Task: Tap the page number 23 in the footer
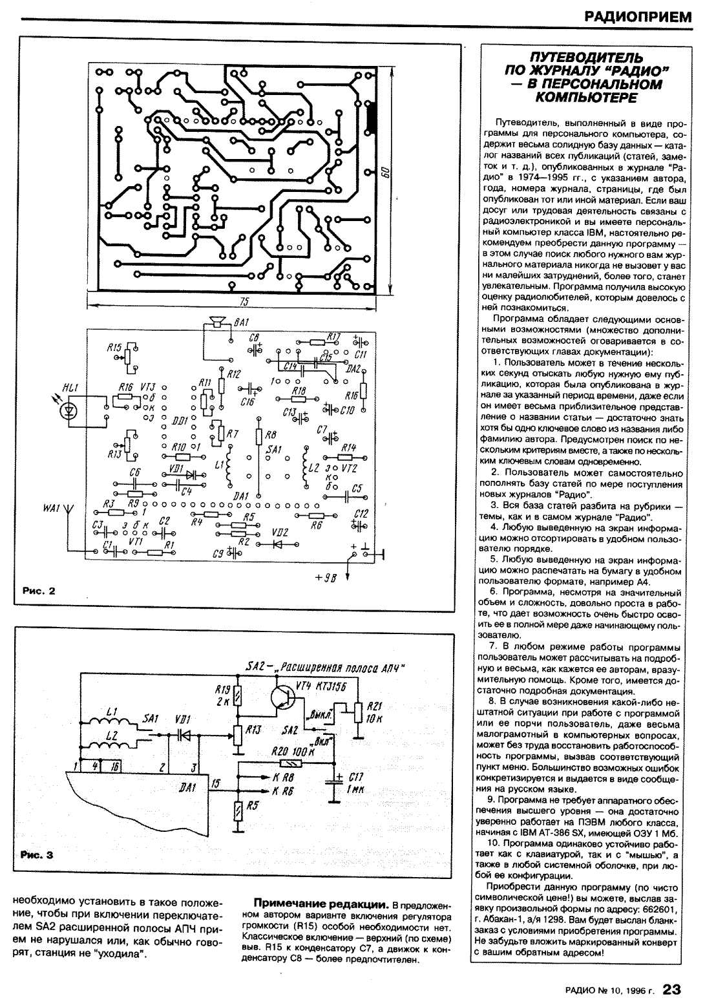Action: tap(672, 989)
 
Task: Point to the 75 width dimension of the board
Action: tap(244, 302)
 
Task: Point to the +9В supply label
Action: tap(326, 577)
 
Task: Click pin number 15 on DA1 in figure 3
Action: tap(215, 783)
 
